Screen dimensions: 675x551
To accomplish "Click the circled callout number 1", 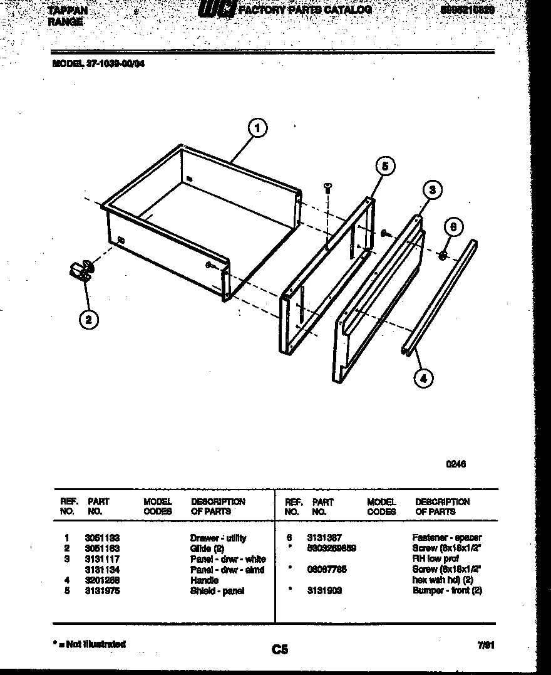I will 257,128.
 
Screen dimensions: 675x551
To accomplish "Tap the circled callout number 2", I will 88,320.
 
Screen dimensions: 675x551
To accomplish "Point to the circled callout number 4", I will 424,377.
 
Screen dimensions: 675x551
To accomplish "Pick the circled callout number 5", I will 385,166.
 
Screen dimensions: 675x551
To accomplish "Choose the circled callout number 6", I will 455,228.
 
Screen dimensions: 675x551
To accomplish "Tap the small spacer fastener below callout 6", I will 442,254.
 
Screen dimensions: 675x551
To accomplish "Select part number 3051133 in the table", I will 102,538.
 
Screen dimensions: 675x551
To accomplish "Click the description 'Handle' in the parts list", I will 204,580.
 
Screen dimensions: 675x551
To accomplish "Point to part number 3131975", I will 102,591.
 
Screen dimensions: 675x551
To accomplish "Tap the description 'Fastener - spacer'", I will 447,538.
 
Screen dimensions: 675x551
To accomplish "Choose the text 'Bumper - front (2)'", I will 447,591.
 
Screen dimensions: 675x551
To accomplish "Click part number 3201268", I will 102,580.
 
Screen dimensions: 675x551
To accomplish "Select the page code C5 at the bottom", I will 280,650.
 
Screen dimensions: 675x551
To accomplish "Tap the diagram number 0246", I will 456,464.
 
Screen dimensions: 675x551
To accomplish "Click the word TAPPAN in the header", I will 68,11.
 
